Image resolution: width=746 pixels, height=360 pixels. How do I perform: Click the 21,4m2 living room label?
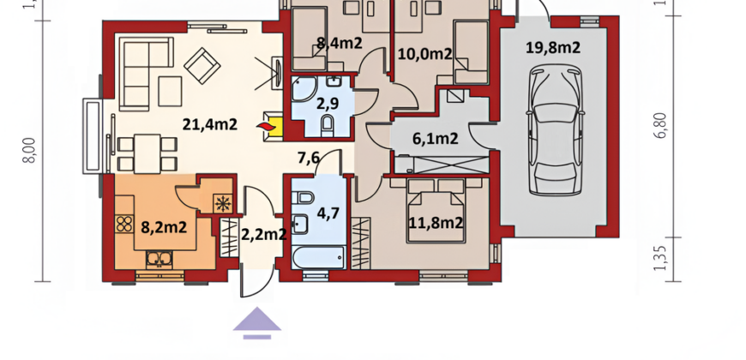[x=210, y=124]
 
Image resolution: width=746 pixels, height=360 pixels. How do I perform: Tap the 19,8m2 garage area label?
[x=553, y=47]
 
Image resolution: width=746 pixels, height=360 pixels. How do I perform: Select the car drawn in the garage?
[x=556, y=129]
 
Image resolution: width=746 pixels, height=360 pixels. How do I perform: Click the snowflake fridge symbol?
[x=222, y=203]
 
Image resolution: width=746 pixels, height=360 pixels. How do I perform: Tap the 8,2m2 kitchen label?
[x=164, y=227]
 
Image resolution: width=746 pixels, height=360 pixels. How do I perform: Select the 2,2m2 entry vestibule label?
[x=264, y=234]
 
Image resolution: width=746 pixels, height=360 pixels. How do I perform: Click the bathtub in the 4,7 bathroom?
[x=319, y=257]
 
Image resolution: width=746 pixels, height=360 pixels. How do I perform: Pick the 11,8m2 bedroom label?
[x=436, y=223]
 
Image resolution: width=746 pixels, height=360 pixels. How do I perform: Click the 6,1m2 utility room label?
[x=436, y=138]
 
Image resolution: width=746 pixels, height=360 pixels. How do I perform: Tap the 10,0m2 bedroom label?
[x=424, y=54]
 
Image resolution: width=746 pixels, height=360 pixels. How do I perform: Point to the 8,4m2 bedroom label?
[x=340, y=43]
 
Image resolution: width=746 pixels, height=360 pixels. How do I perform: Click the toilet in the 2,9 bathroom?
[x=328, y=124]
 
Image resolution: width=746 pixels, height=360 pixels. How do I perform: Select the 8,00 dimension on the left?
[x=29, y=150]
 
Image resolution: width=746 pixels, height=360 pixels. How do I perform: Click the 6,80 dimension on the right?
[x=661, y=126]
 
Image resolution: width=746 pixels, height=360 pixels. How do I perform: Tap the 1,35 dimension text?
[x=661, y=259]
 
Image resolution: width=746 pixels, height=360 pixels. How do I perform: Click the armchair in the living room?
[x=202, y=66]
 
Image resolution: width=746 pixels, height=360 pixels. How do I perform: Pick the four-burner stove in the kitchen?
[x=124, y=224]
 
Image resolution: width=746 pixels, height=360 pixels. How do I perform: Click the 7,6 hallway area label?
[x=309, y=158]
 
